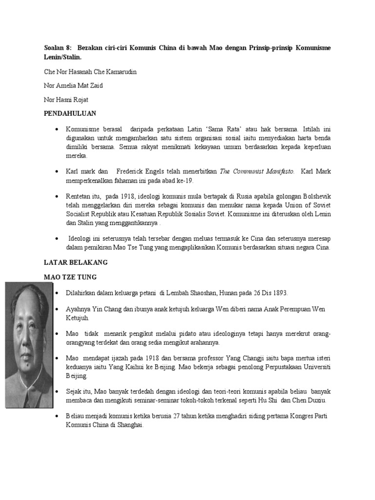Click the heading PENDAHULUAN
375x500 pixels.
click(70, 113)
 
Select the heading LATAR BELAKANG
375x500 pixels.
click(76, 262)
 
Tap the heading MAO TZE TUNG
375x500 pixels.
click(71, 277)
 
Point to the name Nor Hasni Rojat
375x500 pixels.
click(67, 100)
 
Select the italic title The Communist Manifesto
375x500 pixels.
click(257, 171)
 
